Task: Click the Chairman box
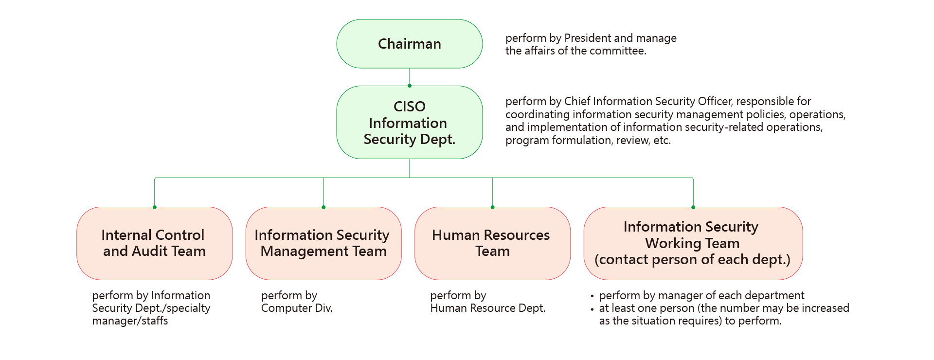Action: point(409,44)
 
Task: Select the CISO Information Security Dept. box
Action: point(409,123)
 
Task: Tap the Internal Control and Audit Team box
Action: point(154,243)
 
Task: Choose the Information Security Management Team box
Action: point(323,243)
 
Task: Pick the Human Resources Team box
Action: point(492,243)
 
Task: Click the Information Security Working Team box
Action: point(692,243)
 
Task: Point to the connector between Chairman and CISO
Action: point(410,76)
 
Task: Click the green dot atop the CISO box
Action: point(410,86)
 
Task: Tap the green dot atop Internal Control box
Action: point(155,207)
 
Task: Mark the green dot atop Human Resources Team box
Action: point(493,207)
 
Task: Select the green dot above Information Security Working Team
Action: point(693,207)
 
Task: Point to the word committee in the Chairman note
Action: point(622,51)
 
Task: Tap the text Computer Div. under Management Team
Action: point(297,308)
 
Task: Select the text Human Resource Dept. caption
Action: point(488,308)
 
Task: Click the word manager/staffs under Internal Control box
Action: point(130,321)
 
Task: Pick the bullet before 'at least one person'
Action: point(592,309)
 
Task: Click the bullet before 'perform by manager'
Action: point(592,296)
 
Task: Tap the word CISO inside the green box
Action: point(410,107)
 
